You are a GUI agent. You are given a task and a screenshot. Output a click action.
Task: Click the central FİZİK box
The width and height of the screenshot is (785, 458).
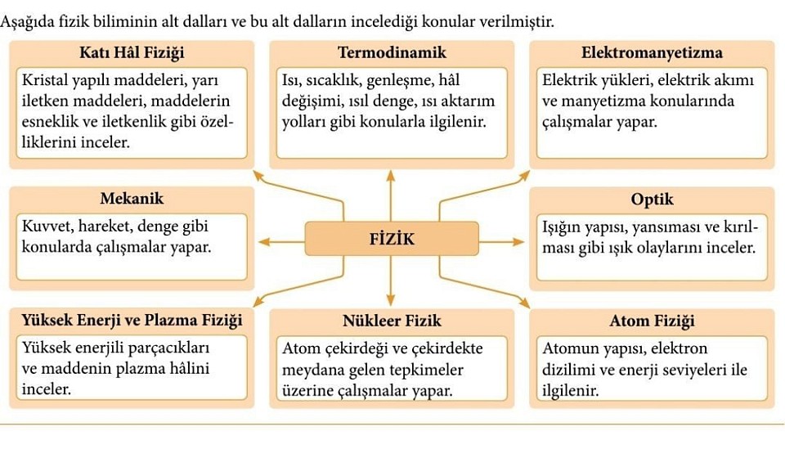pyautogui.click(x=392, y=239)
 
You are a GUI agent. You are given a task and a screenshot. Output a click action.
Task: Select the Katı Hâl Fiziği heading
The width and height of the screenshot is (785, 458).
pyautogui.click(x=132, y=52)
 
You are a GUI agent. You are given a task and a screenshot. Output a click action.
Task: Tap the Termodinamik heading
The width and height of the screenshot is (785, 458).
pyautogui.click(x=392, y=52)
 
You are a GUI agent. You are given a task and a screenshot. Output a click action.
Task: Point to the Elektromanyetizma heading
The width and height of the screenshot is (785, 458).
pyautogui.click(x=652, y=52)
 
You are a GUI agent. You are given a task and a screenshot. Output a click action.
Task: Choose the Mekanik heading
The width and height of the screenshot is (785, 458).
pyautogui.click(x=132, y=198)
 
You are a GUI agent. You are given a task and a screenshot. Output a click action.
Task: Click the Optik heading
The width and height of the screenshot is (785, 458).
pyautogui.click(x=652, y=200)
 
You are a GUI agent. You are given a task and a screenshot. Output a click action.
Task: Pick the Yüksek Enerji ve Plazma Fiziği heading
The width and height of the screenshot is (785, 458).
pyautogui.click(x=132, y=321)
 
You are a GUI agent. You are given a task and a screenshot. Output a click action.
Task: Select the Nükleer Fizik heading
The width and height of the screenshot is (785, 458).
pyautogui.click(x=392, y=321)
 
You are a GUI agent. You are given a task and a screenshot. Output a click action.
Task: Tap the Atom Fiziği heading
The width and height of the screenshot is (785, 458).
pyautogui.click(x=652, y=321)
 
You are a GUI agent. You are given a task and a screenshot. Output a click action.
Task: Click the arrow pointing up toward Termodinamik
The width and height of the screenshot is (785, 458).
pyautogui.click(x=391, y=195)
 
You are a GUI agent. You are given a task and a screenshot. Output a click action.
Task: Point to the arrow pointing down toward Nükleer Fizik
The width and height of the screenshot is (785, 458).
pyautogui.click(x=391, y=281)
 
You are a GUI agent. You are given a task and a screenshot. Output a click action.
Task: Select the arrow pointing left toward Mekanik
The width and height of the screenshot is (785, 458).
pyautogui.click(x=282, y=242)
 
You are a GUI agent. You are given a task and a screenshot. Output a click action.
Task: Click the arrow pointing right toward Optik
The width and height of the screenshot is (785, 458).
pyautogui.click(x=501, y=242)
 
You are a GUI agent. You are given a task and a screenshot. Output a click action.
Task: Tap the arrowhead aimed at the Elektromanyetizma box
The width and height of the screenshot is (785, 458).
pyautogui.click(x=525, y=175)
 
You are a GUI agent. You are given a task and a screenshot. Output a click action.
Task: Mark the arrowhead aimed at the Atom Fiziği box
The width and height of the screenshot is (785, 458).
pyautogui.click(x=525, y=303)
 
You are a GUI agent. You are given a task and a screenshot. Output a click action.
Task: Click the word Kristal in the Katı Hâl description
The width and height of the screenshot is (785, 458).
pyautogui.click(x=44, y=80)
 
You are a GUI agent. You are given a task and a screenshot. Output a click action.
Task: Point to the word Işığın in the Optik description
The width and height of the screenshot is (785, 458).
pyautogui.click(x=559, y=227)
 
